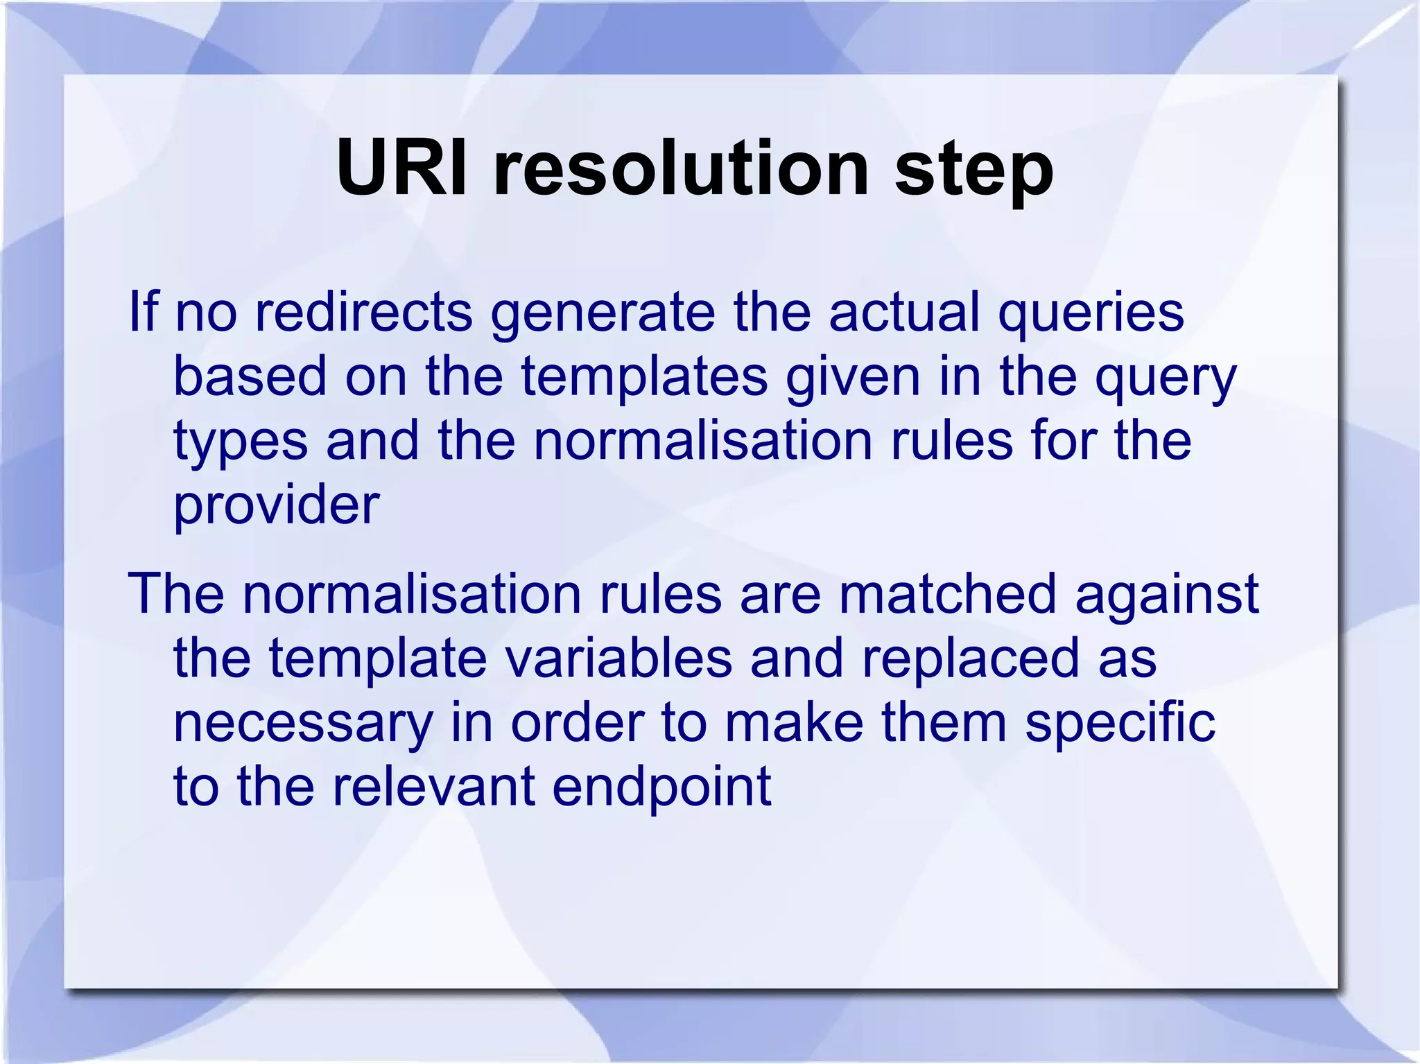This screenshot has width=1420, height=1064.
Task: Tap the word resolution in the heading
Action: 680,168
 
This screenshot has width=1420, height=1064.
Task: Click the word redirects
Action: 364,312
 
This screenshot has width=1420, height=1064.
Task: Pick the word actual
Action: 904,312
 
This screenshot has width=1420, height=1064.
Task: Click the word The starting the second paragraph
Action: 177,593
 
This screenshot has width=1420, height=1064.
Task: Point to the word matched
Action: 947,593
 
